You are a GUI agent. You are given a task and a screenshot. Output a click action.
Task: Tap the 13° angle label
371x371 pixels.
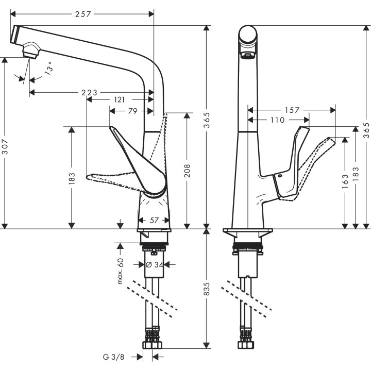pyautogui.click(x=48, y=69)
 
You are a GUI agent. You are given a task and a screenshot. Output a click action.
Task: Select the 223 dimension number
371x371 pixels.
pyautogui.click(x=89, y=92)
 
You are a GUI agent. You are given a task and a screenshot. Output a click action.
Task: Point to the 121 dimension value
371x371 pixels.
pyautogui.click(x=119, y=99)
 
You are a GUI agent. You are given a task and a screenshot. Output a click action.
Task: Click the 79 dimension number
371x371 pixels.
pyautogui.click(x=132, y=110)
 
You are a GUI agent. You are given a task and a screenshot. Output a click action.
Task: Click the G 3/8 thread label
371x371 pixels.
pyautogui.click(x=113, y=356)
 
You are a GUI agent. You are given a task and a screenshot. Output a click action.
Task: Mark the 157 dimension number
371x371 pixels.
pyautogui.click(x=292, y=110)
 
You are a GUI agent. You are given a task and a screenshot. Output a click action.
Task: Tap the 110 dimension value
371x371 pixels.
pyautogui.click(x=276, y=120)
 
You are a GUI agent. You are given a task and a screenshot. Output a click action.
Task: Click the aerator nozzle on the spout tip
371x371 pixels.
pyautogui.click(x=30, y=52)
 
